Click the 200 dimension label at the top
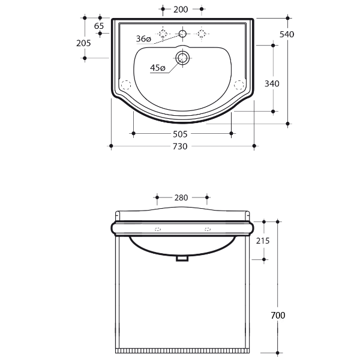coord(181,10)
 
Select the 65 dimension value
coord(99,26)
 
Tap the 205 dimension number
coord(83,43)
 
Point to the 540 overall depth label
coord(287,34)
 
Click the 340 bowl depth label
coord(272,83)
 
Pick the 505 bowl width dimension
coord(180,134)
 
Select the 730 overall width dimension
coord(180,146)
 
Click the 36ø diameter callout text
coord(144,39)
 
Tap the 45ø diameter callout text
coord(158,68)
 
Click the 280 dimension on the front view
coord(181,197)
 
